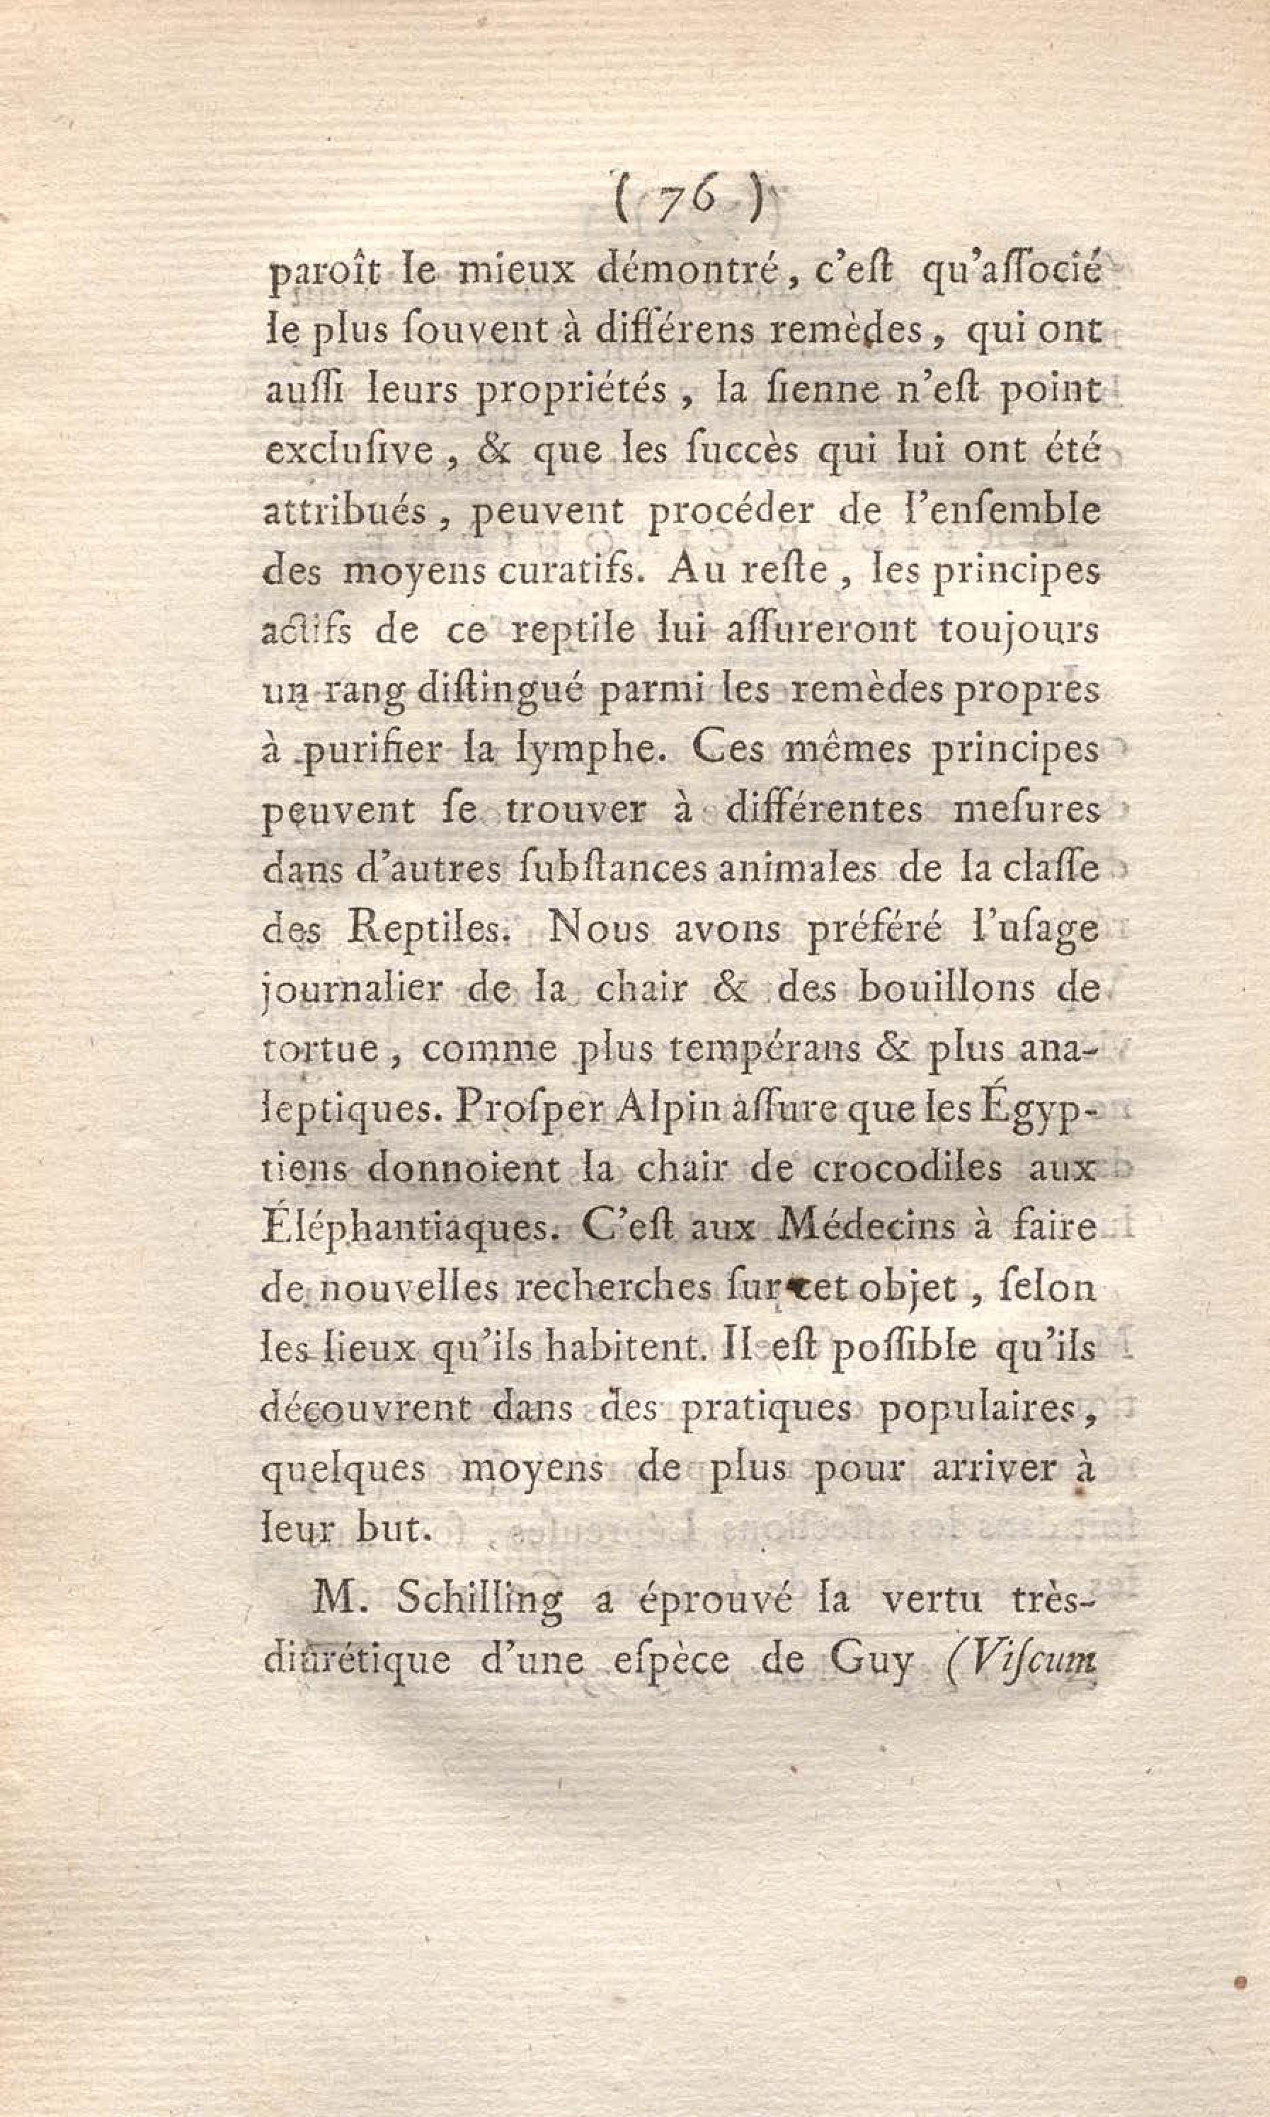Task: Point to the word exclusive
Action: pos(349,451)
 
